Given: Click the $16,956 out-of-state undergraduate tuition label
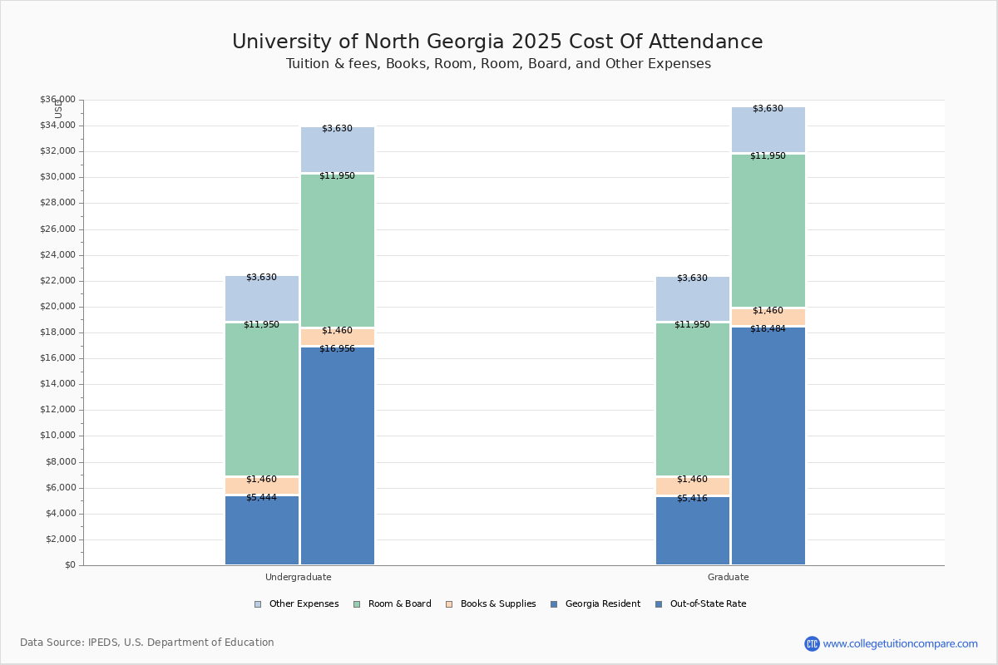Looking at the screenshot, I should pyautogui.click(x=337, y=349).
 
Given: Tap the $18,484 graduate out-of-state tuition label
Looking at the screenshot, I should pyautogui.click(x=768, y=329).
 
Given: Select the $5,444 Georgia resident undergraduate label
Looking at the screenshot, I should pyautogui.click(x=261, y=498).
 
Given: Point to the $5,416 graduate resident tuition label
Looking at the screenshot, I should pyautogui.click(x=692, y=499).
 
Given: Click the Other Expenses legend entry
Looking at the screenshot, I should pyautogui.click(x=297, y=604).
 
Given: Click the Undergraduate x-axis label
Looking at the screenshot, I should pyautogui.click(x=299, y=577).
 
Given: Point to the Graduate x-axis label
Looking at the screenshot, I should pyautogui.click(x=729, y=577).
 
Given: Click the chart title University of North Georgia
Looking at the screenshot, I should pyautogui.click(x=497, y=42).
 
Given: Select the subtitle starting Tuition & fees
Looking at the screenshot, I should pyautogui.click(x=498, y=64).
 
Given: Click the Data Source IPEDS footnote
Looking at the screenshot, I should pyautogui.click(x=147, y=643).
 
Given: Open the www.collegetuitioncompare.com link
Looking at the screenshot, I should pyautogui.click(x=900, y=643).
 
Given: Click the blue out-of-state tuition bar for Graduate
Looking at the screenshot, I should pyautogui.click(x=768, y=449).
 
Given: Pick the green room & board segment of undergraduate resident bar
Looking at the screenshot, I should pyautogui.click(x=261, y=399).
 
